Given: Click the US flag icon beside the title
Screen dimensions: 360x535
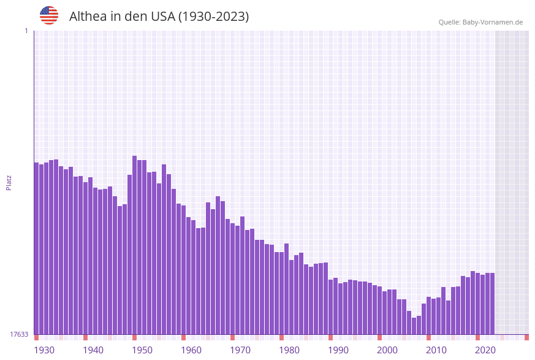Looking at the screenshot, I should pos(49,15).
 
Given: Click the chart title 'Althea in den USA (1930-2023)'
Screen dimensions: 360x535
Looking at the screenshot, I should pos(159,17).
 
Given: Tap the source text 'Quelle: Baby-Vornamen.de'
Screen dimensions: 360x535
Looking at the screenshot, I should pos(480,22).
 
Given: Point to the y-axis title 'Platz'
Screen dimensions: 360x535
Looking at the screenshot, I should pos(9,182).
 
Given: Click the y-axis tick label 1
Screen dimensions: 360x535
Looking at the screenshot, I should pos(26,31).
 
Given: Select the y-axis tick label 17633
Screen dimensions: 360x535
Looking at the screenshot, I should pos(19,334).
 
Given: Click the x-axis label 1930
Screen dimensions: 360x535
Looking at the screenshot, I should pos(44,350).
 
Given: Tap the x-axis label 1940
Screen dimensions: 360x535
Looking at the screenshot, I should pos(93,350).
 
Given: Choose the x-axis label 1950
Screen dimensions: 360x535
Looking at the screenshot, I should pos(142,350).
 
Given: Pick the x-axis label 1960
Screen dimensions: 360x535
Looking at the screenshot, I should pos(191,350).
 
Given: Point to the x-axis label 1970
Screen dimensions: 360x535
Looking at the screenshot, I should pos(240,350).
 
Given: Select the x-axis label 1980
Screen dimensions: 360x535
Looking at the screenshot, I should pos(289,350).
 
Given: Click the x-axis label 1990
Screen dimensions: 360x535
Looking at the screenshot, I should pos(338,350).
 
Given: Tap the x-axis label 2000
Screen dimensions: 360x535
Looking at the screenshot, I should pos(387,350).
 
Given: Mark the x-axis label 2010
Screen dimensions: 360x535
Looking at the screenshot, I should pos(436,350).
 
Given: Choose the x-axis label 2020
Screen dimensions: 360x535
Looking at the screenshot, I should pos(485,350).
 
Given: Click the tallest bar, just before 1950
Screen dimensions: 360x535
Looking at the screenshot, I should pos(135,245).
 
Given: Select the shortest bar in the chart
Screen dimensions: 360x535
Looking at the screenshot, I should pos(414,326).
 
